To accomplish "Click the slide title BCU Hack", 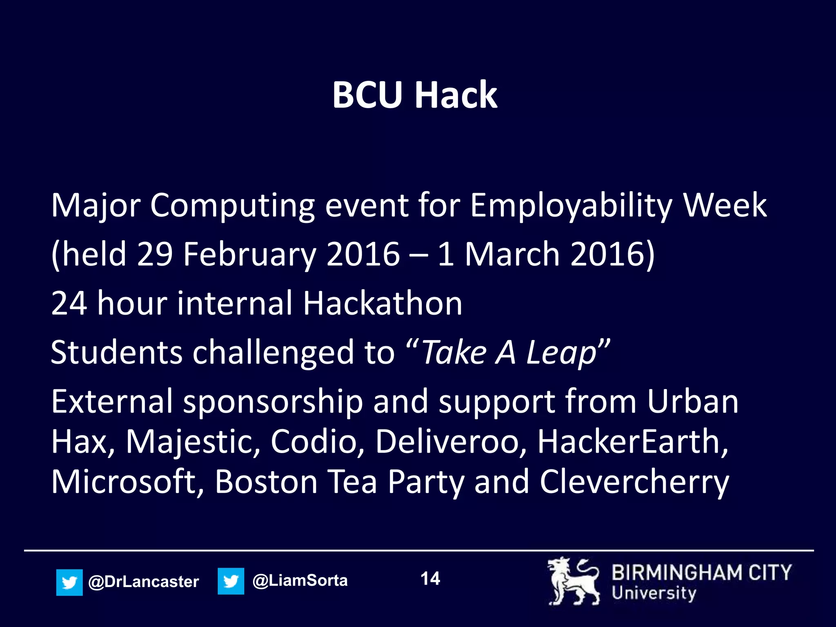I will coord(415,95).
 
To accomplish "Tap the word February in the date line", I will coord(249,254).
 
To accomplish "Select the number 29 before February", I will coord(155,254).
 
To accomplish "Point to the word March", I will coord(512,254).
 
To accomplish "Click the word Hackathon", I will coord(382,303).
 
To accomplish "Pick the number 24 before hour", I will coord(69,303).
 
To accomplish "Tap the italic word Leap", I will coord(561,352).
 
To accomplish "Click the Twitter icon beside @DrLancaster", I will coord(69,582).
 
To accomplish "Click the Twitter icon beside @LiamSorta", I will coord(231,581).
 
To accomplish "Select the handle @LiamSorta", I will coord(300,580).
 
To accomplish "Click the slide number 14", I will coord(430,579).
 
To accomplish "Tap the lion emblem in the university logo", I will coord(573,581).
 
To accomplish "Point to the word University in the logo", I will coord(653,593).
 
